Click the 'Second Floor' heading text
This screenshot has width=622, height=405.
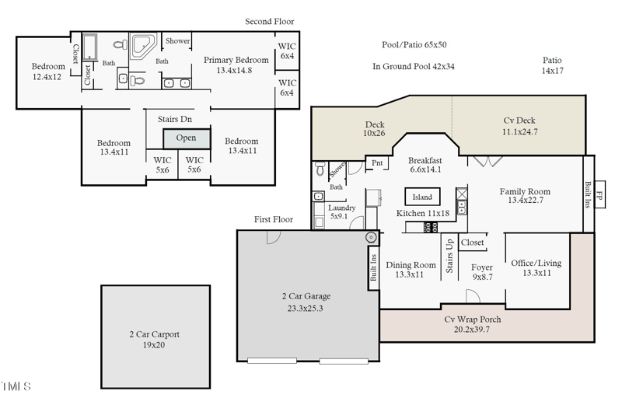(x=269, y=22)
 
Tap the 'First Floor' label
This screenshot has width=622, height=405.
(x=274, y=220)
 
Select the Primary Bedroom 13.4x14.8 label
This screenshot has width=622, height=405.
(x=236, y=65)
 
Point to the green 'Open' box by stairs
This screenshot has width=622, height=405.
(x=186, y=138)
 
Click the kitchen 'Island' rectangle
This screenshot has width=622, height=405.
(x=422, y=197)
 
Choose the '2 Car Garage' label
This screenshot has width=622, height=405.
(x=306, y=302)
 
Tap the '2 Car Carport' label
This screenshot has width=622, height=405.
(x=154, y=339)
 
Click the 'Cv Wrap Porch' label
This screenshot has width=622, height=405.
(x=472, y=324)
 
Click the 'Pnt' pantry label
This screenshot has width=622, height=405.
(x=377, y=163)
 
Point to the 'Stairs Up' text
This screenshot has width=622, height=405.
(x=449, y=256)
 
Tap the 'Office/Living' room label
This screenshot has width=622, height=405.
(x=536, y=268)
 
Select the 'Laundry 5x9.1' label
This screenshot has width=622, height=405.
(x=341, y=212)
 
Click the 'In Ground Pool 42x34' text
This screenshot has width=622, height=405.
(x=414, y=67)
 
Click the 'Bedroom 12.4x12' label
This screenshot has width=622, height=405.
(x=48, y=72)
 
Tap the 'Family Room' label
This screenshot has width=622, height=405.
(x=524, y=196)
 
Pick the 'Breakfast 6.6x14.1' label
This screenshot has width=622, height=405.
(x=425, y=165)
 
